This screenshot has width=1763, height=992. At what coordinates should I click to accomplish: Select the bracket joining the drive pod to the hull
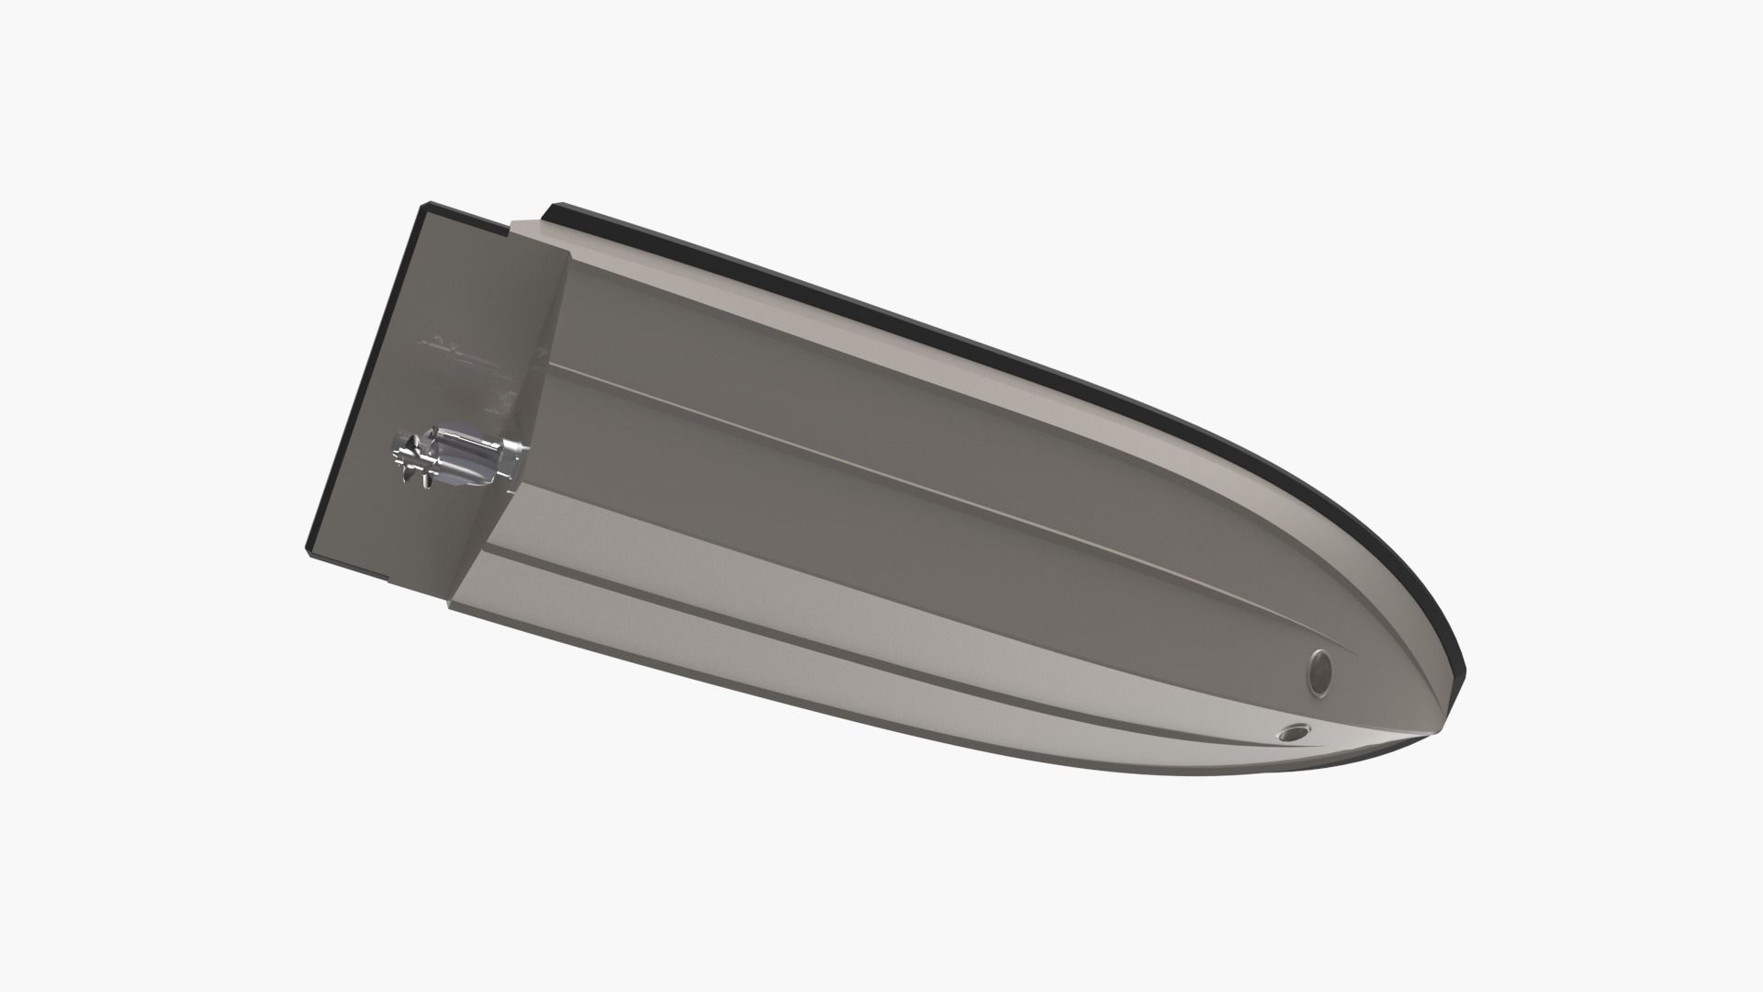coord(511,457)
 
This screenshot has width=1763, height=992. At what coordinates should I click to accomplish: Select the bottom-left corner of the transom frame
coord(309,553)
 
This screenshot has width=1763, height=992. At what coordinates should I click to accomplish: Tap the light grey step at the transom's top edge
coord(542,234)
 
